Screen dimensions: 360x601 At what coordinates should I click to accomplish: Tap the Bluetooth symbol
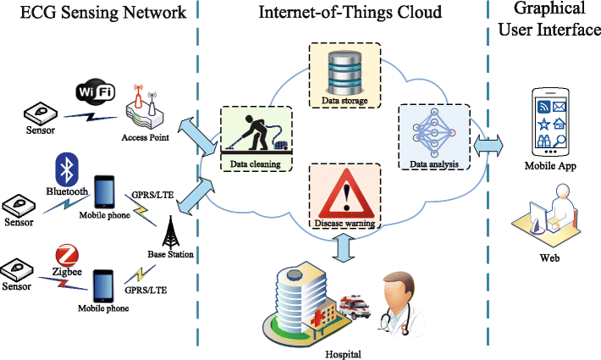click(66, 169)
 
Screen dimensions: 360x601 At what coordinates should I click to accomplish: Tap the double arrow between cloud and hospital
click(342, 247)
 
